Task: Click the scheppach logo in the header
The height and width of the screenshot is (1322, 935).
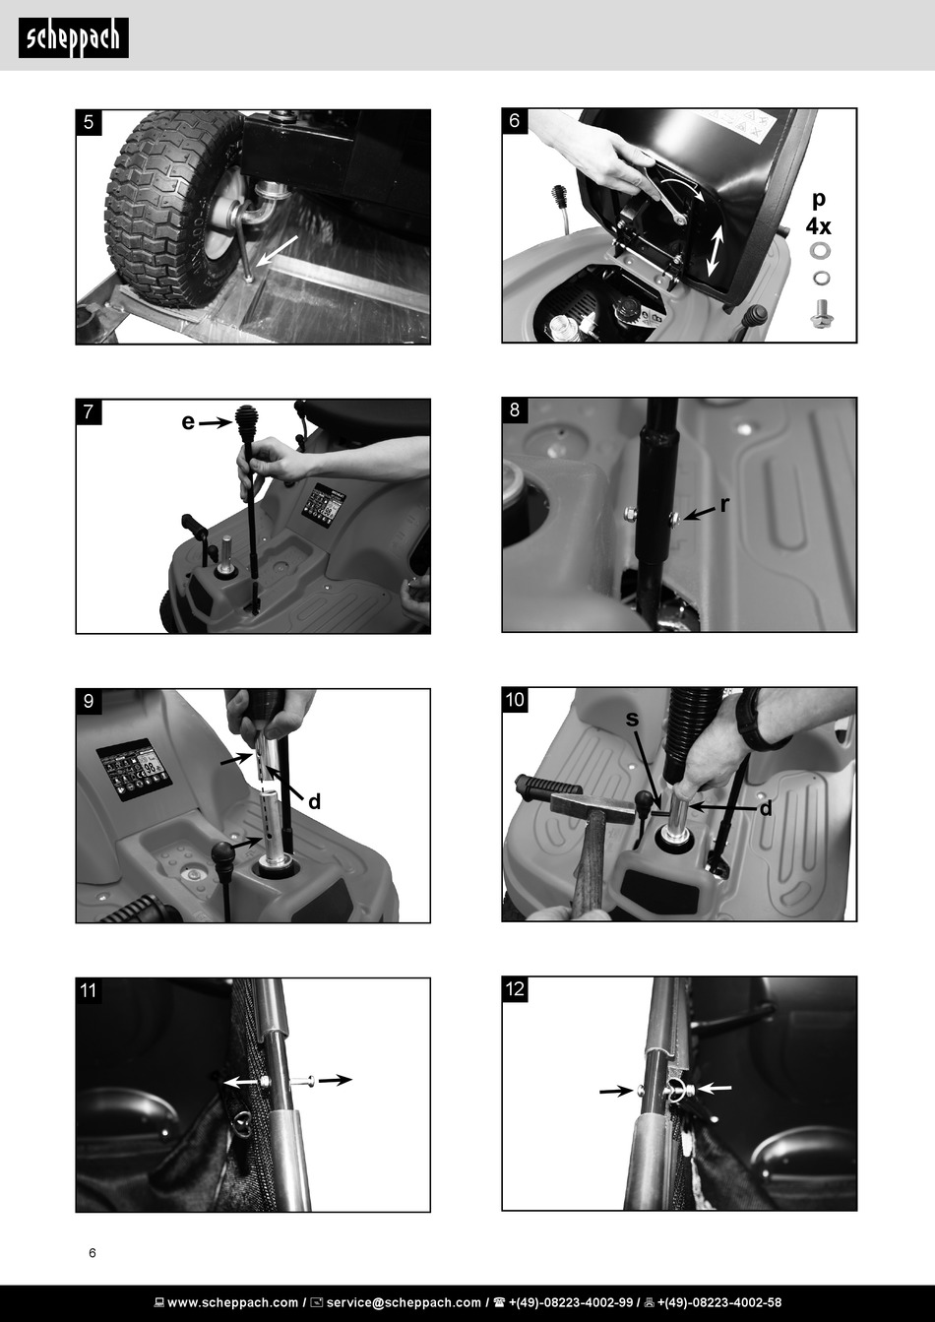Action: (74, 37)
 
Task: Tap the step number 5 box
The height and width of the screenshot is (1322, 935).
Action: (89, 122)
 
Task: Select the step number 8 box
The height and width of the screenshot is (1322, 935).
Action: (515, 410)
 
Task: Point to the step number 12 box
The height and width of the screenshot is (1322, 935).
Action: (515, 988)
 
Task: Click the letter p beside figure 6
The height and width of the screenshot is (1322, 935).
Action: (818, 201)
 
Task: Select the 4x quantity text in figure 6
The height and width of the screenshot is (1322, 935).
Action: (818, 226)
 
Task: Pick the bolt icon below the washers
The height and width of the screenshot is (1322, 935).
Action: (820, 313)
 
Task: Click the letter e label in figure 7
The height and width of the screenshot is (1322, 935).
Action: (188, 422)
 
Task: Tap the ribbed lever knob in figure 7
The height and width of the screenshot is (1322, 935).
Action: (244, 423)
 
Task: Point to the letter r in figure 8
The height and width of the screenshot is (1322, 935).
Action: (725, 505)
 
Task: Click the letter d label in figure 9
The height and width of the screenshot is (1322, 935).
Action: (314, 801)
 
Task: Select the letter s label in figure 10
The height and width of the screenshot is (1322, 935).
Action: (632, 719)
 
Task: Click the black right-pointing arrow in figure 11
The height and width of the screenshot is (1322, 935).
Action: (335, 1080)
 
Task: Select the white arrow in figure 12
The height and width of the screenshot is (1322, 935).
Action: (715, 1087)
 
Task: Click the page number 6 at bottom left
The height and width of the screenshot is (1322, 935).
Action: (93, 1252)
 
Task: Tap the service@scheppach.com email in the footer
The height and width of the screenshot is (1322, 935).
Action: (404, 1302)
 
